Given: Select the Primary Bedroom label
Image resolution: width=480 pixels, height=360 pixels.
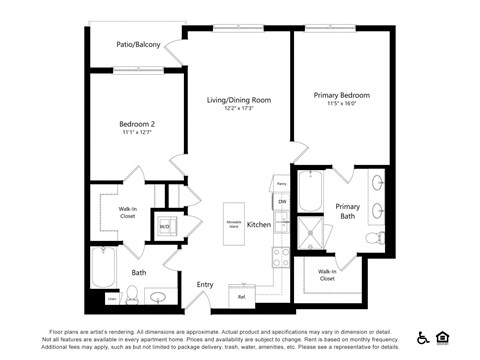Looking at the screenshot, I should click(341, 96).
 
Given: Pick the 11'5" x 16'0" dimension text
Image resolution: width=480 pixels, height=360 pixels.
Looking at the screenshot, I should click(341, 106).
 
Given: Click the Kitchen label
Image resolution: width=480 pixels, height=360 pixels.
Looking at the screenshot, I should click(259, 225).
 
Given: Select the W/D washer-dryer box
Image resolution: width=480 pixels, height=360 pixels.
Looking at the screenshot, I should click(164, 225).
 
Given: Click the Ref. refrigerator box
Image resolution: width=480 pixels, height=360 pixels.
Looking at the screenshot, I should click(241, 297).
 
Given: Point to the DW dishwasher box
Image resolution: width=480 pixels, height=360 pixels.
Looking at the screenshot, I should click(282, 203).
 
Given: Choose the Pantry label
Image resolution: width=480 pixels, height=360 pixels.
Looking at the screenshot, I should click(282, 185).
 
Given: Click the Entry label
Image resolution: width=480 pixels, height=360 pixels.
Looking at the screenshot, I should click(205, 285).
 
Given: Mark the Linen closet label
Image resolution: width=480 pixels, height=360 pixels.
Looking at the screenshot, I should click(111, 297).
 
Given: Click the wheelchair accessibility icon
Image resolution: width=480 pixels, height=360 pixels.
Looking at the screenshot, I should click(423, 338).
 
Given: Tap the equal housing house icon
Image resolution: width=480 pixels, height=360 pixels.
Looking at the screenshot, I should click(443, 338).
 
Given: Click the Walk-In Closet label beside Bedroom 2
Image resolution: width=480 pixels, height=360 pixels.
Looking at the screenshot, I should click(127, 211).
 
